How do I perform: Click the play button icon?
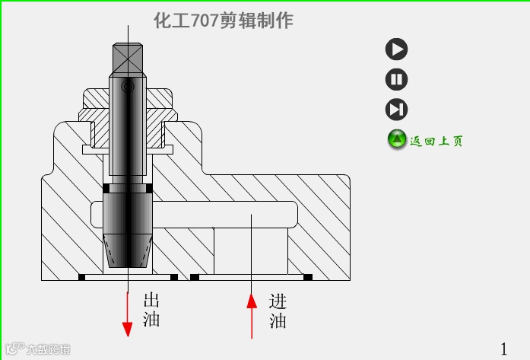point(396,49)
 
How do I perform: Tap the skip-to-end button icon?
point(396,110)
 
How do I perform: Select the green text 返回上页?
point(436,141)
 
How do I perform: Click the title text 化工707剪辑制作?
point(223,21)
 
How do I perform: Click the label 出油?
point(151,310)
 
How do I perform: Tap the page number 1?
point(504,347)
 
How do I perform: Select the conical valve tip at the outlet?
point(128,251)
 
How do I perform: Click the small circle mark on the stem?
point(128,88)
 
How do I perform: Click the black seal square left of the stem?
point(106,187)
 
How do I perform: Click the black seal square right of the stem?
point(149,187)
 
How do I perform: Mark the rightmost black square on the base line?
point(308,276)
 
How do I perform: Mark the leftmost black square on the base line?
point(81,276)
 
